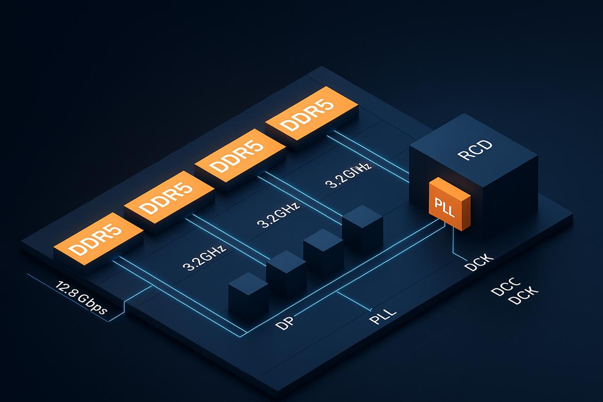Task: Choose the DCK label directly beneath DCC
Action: click(x=523, y=296)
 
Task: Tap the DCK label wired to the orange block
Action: click(x=479, y=263)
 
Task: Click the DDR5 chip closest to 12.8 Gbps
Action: click(x=97, y=243)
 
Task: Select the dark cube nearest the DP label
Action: click(x=248, y=295)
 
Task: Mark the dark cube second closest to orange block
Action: click(x=323, y=252)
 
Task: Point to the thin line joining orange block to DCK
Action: click(x=453, y=243)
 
